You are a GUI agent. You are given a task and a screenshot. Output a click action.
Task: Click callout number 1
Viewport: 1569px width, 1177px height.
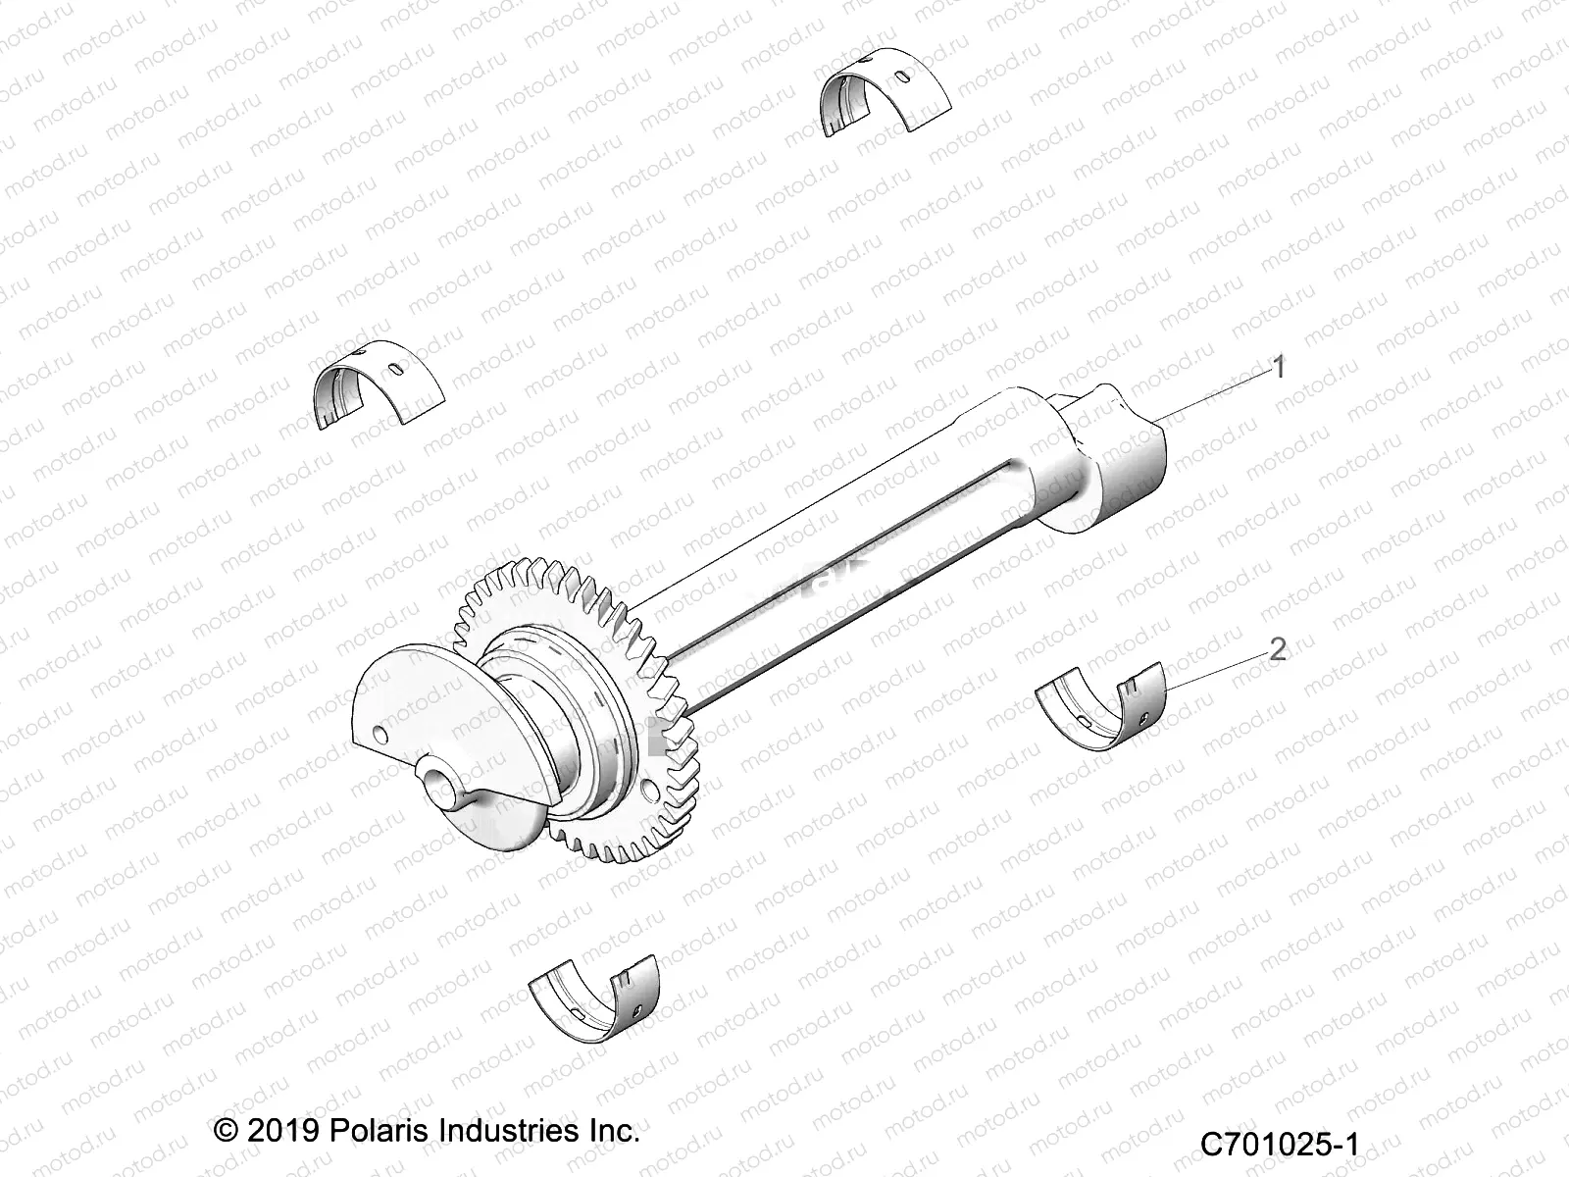click(x=1278, y=368)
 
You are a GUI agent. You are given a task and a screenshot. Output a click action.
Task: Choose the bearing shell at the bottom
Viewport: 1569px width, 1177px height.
click(x=594, y=1003)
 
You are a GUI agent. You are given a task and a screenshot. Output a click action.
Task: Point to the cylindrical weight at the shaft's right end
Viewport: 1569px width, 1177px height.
click(x=1118, y=461)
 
